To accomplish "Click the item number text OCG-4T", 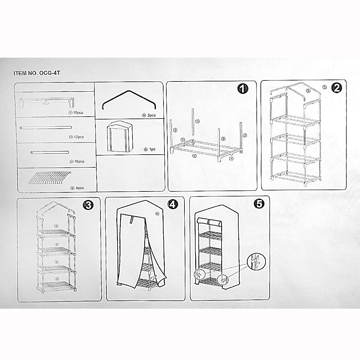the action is click(49, 73).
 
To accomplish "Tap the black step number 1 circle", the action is click(243, 88).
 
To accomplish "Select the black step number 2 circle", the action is click(337, 87).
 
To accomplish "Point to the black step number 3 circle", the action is click(88, 204).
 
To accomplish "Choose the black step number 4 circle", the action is click(173, 204).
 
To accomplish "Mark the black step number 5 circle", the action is click(259, 203).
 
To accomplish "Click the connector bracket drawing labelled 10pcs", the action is click(47, 103).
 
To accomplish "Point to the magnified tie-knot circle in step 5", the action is click(256, 261).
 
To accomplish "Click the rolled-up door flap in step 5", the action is click(210, 222).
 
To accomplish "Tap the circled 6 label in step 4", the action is click(157, 214).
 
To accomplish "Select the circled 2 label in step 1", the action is click(194, 156).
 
